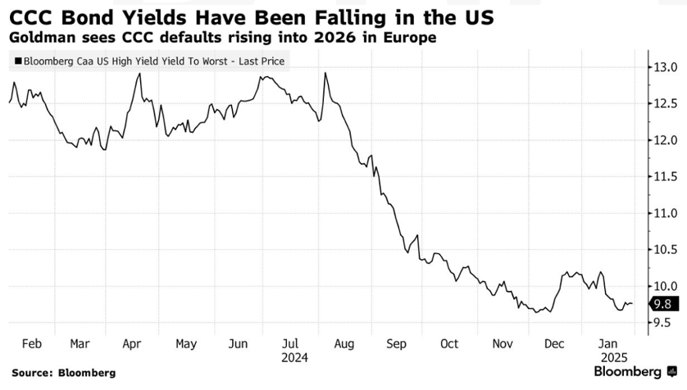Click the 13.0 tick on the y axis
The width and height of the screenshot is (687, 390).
click(661, 67)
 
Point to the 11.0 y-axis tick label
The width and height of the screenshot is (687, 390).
click(661, 213)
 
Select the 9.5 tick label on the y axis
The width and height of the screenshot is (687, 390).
click(661, 323)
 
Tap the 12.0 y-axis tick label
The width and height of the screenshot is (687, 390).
click(661, 140)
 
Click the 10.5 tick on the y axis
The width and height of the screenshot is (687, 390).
click(661, 250)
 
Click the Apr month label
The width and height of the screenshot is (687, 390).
click(134, 343)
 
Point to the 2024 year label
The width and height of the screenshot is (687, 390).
click(293, 357)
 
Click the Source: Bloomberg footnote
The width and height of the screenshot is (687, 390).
click(63, 374)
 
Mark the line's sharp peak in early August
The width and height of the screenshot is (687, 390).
click(326, 73)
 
